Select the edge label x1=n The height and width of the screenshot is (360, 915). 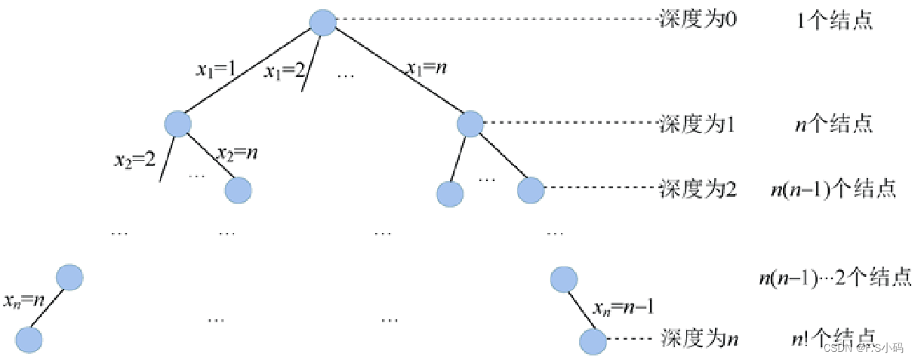[427, 69]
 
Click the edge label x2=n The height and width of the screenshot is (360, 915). [236, 152]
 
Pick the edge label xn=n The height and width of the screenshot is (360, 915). [25, 300]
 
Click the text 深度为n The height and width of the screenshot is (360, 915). [699, 337]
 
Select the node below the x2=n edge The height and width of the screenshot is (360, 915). [238, 190]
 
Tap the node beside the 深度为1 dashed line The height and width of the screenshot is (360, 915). [469, 123]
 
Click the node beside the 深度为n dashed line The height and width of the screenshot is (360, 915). [593, 340]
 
